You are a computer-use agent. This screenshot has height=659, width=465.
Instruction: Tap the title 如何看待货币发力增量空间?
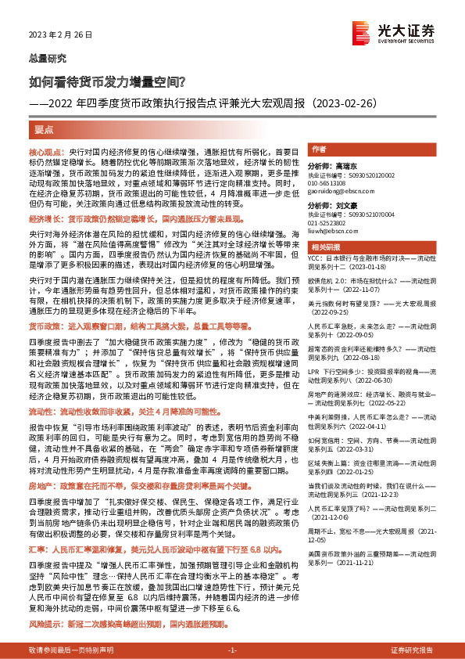(x=106, y=80)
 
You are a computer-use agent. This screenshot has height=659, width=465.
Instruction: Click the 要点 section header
(x=43, y=131)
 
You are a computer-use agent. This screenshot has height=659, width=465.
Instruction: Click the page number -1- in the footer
(x=231, y=651)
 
